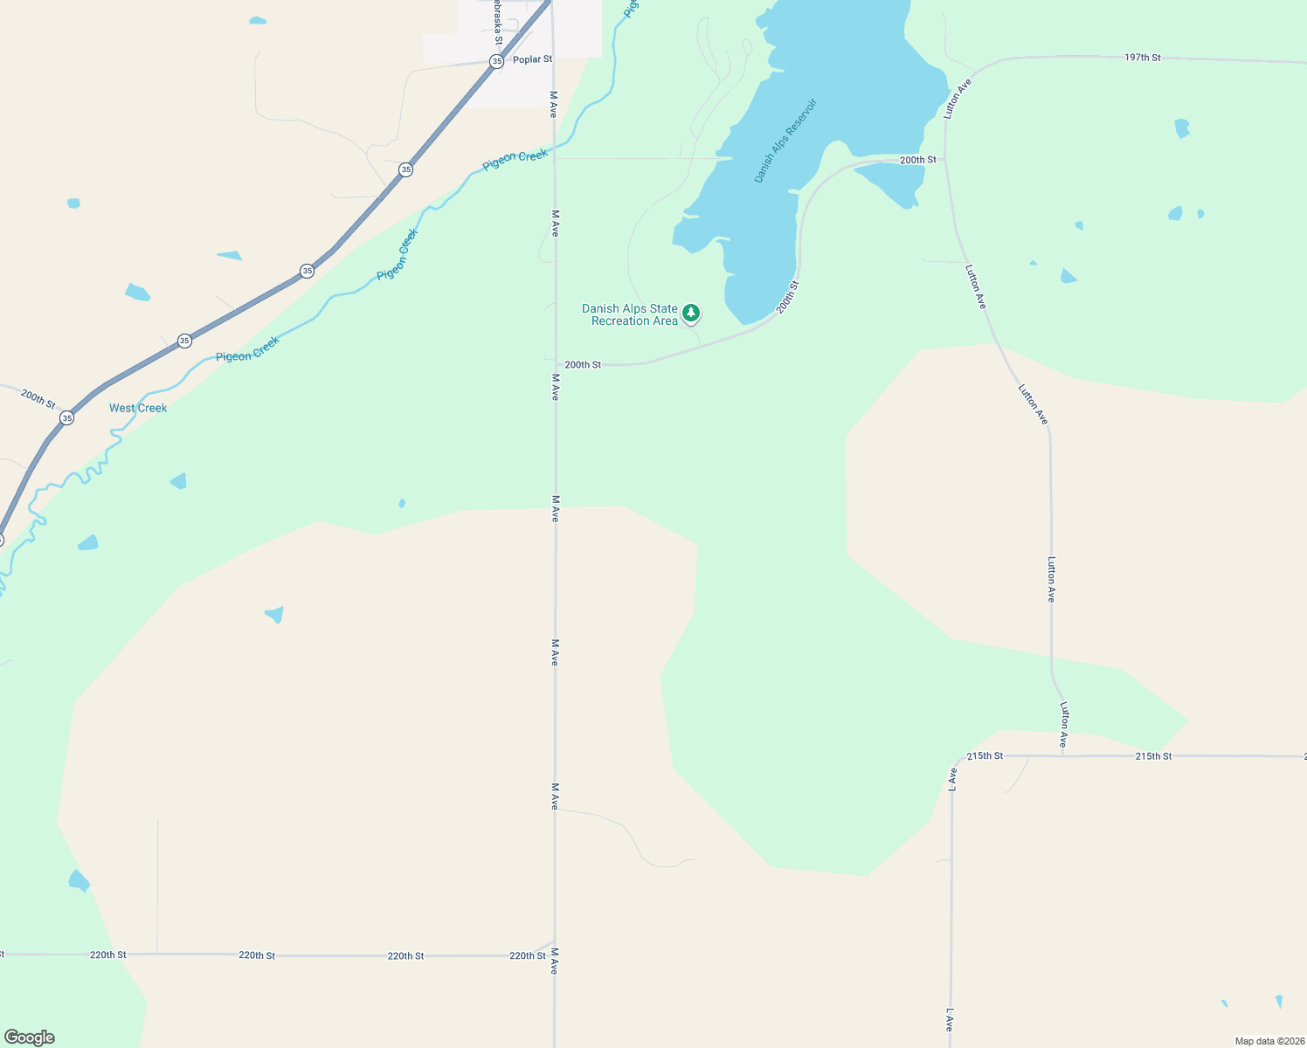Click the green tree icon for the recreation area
tap(691, 313)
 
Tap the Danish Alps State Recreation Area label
tap(631, 315)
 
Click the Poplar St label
tap(532, 59)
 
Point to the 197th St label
tap(1142, 58)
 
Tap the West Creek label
tap(138, 408)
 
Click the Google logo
tap(30, 1038)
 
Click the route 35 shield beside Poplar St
tap(496, 61)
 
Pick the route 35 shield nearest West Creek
tap(67, 418)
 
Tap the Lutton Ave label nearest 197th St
tap(958, 99)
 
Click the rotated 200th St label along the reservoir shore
tap(787, 298)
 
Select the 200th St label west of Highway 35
tap(38, 399)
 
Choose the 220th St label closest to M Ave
tap(528, 955)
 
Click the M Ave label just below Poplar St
tap(553, 104)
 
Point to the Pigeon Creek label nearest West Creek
tap(247, 349)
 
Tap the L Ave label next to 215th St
tap(952, 779)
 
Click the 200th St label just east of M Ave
tap(583, 364)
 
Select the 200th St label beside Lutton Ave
tap(917, 160)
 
